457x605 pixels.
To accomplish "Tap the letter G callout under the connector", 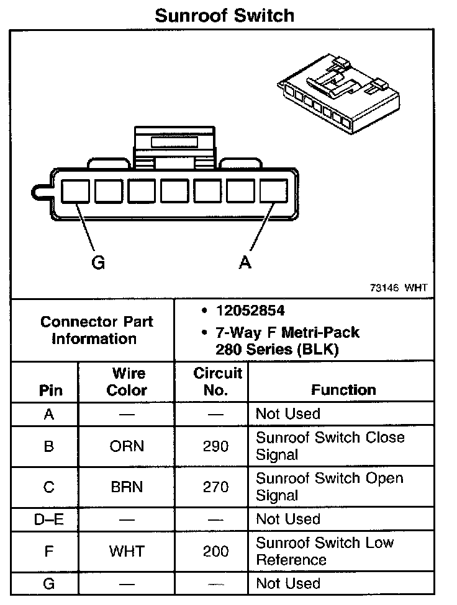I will coord(97,262).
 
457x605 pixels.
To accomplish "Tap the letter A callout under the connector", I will coord(245,262).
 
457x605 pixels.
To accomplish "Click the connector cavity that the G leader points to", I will coord(75,191).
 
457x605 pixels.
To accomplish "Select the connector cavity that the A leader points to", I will coord(273,191).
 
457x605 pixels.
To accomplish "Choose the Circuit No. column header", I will coord(217,382).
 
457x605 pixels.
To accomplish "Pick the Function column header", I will coord(343,390).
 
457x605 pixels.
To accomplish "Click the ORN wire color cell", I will coord(127,446).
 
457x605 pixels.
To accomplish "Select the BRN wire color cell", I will coord(127,487).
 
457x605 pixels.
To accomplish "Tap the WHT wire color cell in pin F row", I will coord(127,551).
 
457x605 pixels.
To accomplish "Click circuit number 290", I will coord(215,446).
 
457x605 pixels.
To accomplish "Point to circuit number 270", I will coord(215,487).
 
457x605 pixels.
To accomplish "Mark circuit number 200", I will coord(215,551).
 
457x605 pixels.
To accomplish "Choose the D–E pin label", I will coord(48,519).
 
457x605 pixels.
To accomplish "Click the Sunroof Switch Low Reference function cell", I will coord(324,551).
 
